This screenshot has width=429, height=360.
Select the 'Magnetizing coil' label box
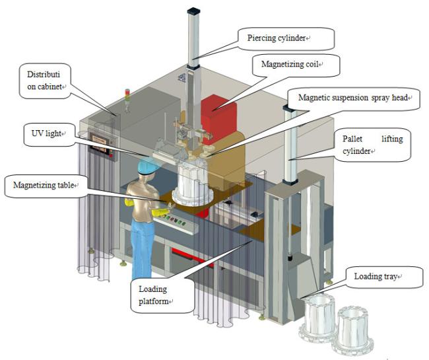[x=290, y=65]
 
